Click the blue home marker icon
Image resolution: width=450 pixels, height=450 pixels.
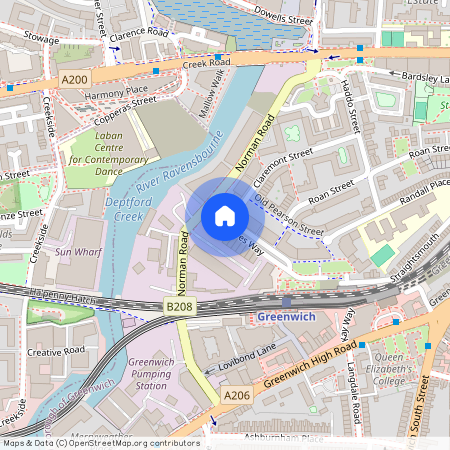pyautogui.click(x=225, y=216)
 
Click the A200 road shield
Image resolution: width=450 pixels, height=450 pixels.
pyautogui.click(x=74, y=77)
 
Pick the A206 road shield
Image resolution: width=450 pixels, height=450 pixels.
pyautogui.click(x=236, y=397)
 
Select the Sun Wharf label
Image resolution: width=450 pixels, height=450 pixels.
pyautogui.click(x=78, y=252)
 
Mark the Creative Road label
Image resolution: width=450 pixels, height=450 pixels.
pyautogui.click(x=56, y=352)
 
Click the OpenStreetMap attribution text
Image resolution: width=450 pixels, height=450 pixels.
pyautogui.click(x=101, y=442)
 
